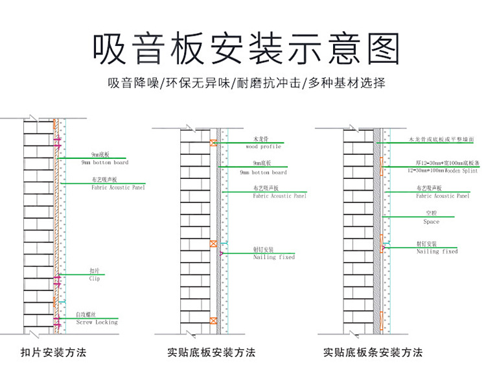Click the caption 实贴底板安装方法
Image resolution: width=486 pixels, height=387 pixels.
[x=211, y=353]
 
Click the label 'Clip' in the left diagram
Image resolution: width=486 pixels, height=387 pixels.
[x=95, y=278]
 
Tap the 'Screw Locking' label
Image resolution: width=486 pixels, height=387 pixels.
[x=97, y=322]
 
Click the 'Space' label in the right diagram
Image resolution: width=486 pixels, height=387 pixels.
[x=431, y=222]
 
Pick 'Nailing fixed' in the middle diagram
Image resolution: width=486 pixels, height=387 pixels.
[x=273, y=257]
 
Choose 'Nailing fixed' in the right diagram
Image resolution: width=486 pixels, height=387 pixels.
[x=437, y=252]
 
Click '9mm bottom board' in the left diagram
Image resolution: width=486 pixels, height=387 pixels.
[x=110, y=162]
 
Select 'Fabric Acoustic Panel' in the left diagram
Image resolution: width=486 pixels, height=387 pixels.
[x=118, y=187]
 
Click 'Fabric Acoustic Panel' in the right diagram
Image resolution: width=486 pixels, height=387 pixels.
[x=443, y=196]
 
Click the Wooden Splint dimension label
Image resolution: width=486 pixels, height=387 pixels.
[x=439, y=169]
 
